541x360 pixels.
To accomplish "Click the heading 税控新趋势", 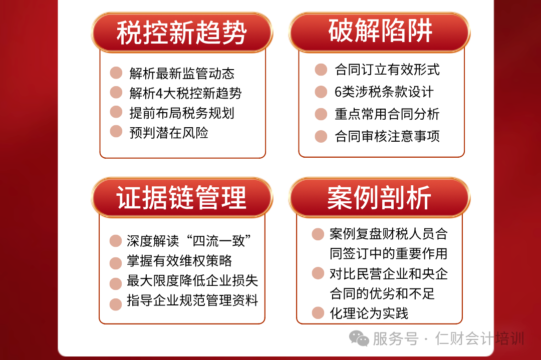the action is pos(181,33).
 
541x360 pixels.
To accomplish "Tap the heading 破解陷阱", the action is pos(380,31).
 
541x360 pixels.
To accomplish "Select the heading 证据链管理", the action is pos(181,198).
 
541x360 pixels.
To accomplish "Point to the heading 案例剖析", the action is pos(379,198).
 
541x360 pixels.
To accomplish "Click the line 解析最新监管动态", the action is pos(182,73).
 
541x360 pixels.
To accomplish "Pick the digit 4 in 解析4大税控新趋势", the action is pos(159,93).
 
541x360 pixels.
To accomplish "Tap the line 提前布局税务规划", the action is pos(182,113).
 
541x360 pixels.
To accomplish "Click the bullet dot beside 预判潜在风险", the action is pos(116,131).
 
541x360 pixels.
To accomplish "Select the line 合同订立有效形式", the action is pos(387,69).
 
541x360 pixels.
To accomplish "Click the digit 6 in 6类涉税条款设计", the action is pos(338,92).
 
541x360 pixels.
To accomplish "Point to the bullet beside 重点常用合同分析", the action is pos(321,114).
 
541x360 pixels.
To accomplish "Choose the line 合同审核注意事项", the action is pos(387,136).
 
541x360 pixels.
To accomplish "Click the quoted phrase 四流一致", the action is pos(219,241).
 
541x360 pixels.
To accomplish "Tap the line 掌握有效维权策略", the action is pos(179,261).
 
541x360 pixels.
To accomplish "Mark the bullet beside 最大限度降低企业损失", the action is pos(116,284).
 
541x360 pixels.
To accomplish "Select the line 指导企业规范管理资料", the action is pos(192,300).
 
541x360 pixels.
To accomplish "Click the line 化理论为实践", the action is pos(369,313).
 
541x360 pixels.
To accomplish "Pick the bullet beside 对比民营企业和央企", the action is pos(318,273).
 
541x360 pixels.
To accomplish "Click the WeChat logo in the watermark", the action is pos(359,338).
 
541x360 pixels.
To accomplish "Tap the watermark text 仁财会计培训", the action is pos(479,338).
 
